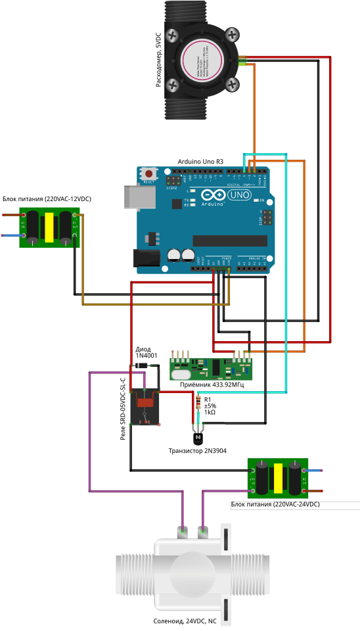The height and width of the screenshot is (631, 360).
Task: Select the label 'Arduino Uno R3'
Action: [200, 162]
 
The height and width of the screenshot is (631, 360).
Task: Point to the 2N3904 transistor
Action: [198, 436]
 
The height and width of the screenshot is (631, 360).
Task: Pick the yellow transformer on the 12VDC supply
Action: [48, 228]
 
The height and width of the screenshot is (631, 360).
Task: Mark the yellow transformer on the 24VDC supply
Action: [279, 478]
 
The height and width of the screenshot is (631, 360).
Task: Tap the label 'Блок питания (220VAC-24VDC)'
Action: [275, 504]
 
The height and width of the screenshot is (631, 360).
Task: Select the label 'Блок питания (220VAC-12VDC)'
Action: [47, 199]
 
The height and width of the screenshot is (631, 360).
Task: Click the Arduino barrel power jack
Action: [146, 259]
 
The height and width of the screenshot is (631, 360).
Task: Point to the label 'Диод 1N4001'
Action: [146, 352]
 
